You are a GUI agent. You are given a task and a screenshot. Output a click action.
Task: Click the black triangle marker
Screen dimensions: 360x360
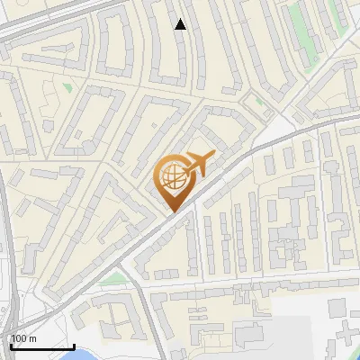tap(181, 24)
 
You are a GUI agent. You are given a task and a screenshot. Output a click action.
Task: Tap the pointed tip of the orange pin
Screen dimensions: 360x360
tap(172, 212)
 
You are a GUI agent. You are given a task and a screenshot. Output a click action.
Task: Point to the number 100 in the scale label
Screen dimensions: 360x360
tap(19, 338)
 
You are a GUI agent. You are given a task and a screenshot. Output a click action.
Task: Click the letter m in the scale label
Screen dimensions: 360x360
tap(32, 338)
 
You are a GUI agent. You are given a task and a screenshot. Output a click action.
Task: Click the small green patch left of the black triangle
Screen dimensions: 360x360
tap(67, 87)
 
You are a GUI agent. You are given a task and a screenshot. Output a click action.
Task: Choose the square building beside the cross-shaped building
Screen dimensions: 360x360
tap(337, 309)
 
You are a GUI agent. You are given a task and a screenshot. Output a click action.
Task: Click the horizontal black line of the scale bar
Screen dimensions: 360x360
tap(41, 346)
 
